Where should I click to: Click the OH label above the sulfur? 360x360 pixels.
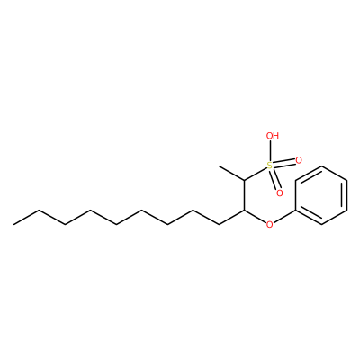[273, 136]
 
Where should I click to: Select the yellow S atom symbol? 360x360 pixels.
[270, 166]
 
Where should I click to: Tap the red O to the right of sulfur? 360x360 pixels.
[299, 161]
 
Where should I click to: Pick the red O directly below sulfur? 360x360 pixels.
[280, 193]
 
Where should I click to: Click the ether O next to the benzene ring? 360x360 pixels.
[270, 224]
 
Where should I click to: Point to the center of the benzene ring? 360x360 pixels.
[321, 195]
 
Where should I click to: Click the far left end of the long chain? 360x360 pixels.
[13, 224]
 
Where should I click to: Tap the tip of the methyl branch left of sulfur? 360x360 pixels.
[219, 166]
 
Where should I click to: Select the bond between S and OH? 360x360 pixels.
[271, 151]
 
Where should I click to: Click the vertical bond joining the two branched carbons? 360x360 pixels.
[244, 195]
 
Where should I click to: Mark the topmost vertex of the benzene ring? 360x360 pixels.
[321, 166]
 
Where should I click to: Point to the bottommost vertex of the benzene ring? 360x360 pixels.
[321, 224]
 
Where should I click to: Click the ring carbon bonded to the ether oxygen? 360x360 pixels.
[296, 210]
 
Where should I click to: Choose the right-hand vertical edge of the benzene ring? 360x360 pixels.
[346, 195]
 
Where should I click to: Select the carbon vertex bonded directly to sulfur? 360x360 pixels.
[244, 180]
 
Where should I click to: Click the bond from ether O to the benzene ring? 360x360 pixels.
[284, 216]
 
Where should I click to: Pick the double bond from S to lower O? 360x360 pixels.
[275, 180]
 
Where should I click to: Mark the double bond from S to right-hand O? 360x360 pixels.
[284, 163]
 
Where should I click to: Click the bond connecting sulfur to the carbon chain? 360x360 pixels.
[256, 174]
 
